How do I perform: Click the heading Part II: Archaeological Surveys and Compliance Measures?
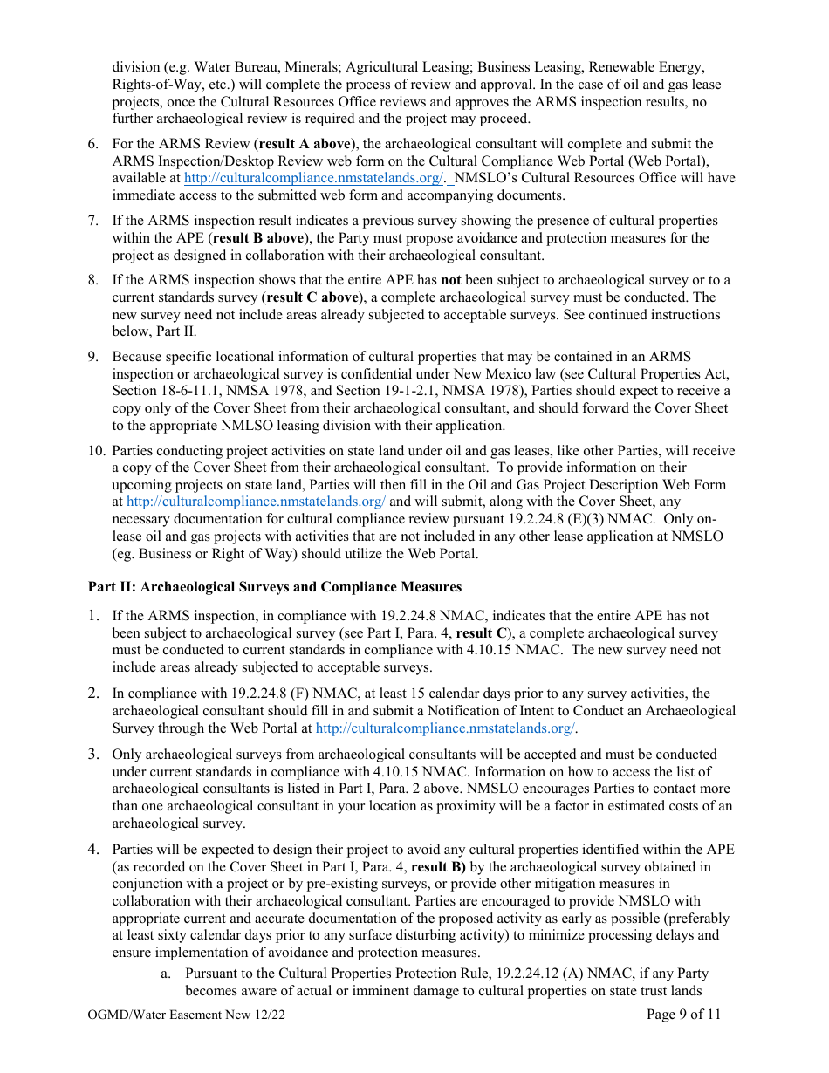[x=275, y=586]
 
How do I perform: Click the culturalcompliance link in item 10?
[x=256, y=502]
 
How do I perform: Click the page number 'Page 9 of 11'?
[x=683, y=1014]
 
